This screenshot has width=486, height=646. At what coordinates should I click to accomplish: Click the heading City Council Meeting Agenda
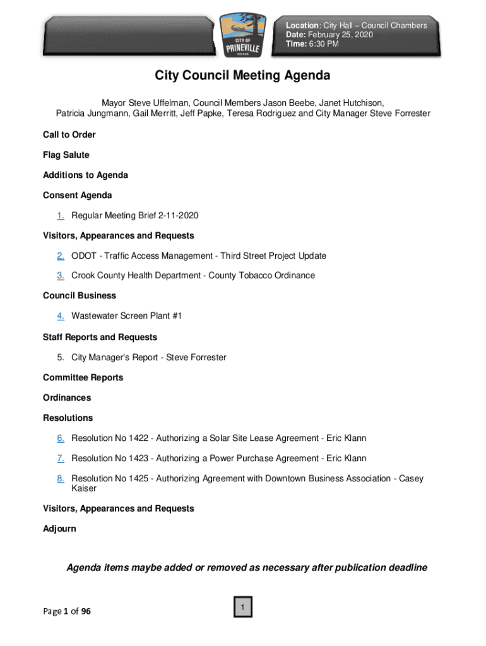tap(242, 76)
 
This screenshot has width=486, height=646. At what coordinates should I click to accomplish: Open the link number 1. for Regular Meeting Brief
tap(60, 216)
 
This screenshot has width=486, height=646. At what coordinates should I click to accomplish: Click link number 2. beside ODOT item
tap(60, 256)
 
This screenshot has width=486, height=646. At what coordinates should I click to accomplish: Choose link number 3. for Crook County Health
tap(60, 276)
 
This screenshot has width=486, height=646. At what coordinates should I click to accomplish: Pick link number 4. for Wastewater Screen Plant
tap(60, 316)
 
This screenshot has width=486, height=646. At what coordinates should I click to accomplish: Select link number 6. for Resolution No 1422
tap(60, 438)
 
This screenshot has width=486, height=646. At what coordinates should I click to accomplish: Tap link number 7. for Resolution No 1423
tap(60, 459)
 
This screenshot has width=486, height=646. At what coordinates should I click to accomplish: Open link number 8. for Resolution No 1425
tap(60, 479)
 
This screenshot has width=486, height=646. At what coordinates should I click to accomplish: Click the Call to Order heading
tap(69, 135)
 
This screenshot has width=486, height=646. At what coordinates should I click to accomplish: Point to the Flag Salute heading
tap(66, 155)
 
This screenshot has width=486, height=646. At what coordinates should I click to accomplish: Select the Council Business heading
tap(80, 296)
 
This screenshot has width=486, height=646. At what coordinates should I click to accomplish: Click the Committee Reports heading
tap(83, 378)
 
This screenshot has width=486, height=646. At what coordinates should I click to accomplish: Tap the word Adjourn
tap(59, 529)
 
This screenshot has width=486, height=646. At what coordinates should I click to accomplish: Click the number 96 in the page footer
tap(85, 611)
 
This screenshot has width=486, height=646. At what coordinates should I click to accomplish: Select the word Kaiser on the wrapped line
tap(84, 488)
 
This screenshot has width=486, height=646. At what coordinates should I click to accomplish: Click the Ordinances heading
tap(67, 398)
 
